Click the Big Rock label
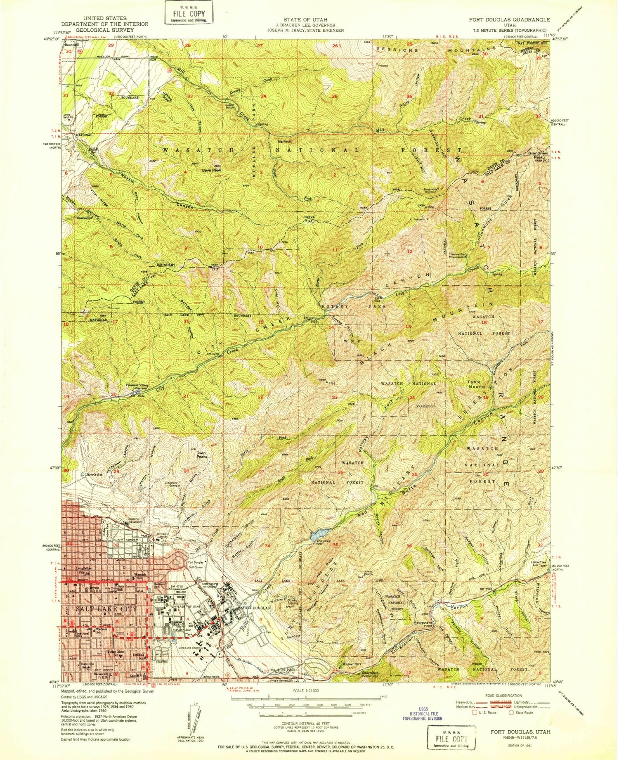[284, 142]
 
